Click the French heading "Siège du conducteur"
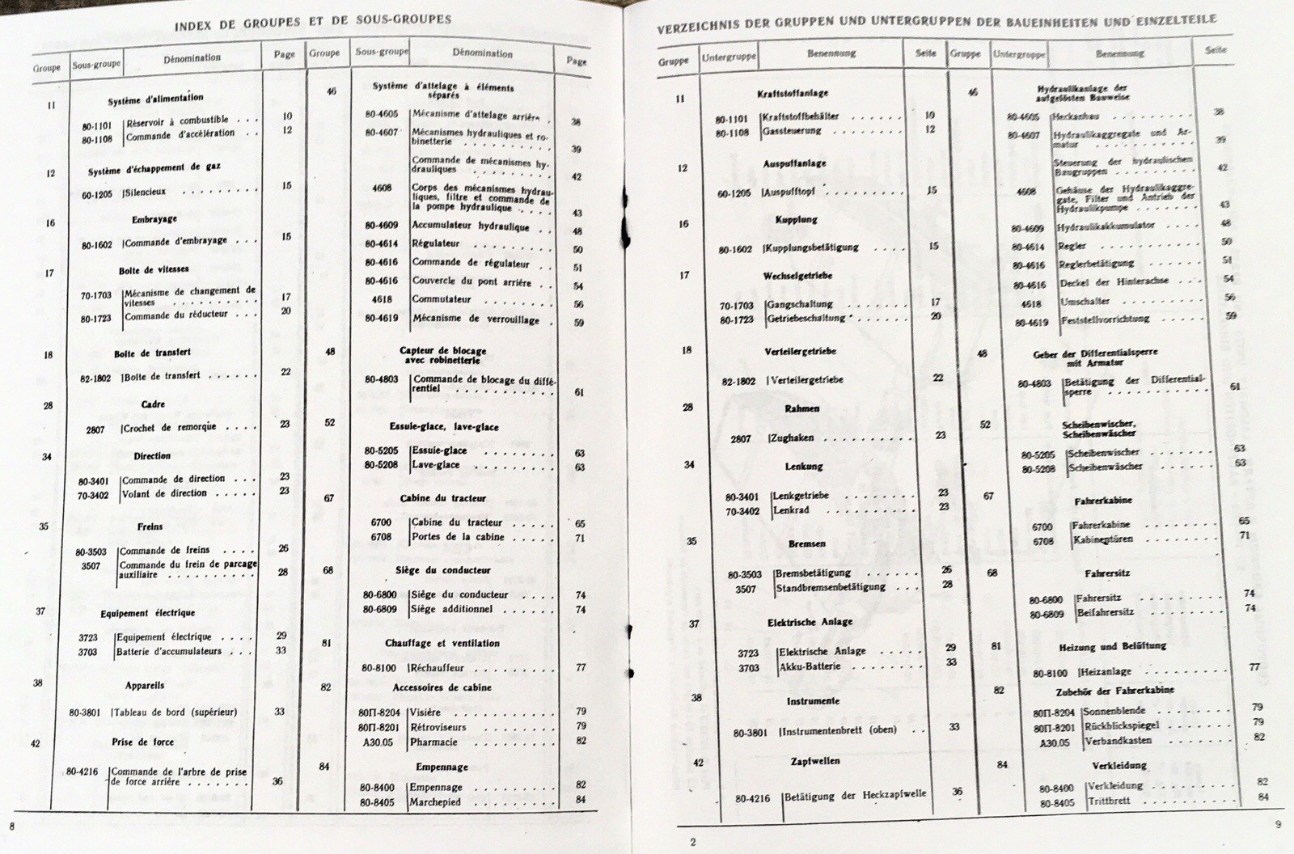click(x=444, y=570)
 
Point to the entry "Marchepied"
click(x=435, y=802)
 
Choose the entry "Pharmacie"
click(x=434, y=742)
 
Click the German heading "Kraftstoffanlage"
click(x=793, y=94)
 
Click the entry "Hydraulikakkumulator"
click(x=1106, y=226)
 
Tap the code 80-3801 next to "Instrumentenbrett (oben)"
click(x=750, y=733)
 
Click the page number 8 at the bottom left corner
click(x=12, y=826)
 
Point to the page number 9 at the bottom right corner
click(x=1278, y=825)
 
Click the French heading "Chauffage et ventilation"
click(x=442, y=644)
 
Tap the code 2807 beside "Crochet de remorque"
click(x=95, y=429)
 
